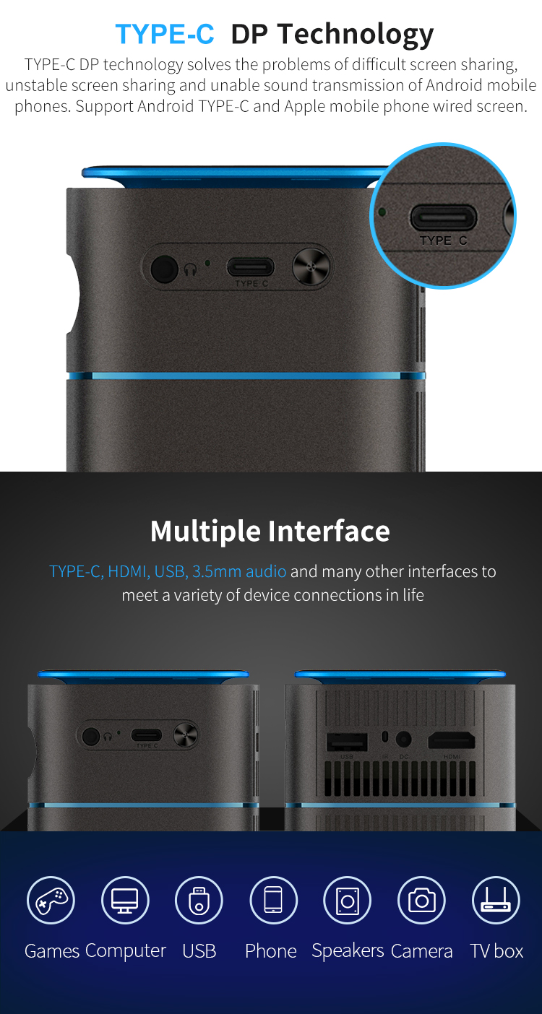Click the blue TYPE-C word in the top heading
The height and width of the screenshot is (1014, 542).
165,34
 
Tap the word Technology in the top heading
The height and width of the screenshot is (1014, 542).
356,35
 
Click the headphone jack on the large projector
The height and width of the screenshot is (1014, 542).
164,269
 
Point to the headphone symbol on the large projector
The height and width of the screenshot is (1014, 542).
191,270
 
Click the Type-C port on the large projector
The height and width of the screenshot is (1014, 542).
250,266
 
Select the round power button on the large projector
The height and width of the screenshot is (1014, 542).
311,267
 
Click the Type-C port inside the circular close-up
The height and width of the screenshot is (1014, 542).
444,217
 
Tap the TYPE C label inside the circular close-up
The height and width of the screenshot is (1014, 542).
443,240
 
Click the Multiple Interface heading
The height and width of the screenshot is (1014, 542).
270,531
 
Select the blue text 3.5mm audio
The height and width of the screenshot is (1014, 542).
239,571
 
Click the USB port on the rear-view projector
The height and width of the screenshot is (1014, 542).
347,742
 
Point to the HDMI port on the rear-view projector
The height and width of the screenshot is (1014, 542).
452,741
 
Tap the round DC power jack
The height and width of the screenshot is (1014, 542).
403,740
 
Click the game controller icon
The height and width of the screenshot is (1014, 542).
51,900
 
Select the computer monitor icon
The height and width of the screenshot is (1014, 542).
125,900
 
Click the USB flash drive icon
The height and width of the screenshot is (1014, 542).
199,900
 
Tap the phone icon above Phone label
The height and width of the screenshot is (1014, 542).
273,900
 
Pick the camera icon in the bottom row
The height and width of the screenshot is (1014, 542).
421,900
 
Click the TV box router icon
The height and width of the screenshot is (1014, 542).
496,900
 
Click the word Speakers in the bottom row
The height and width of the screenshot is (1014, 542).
348,951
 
